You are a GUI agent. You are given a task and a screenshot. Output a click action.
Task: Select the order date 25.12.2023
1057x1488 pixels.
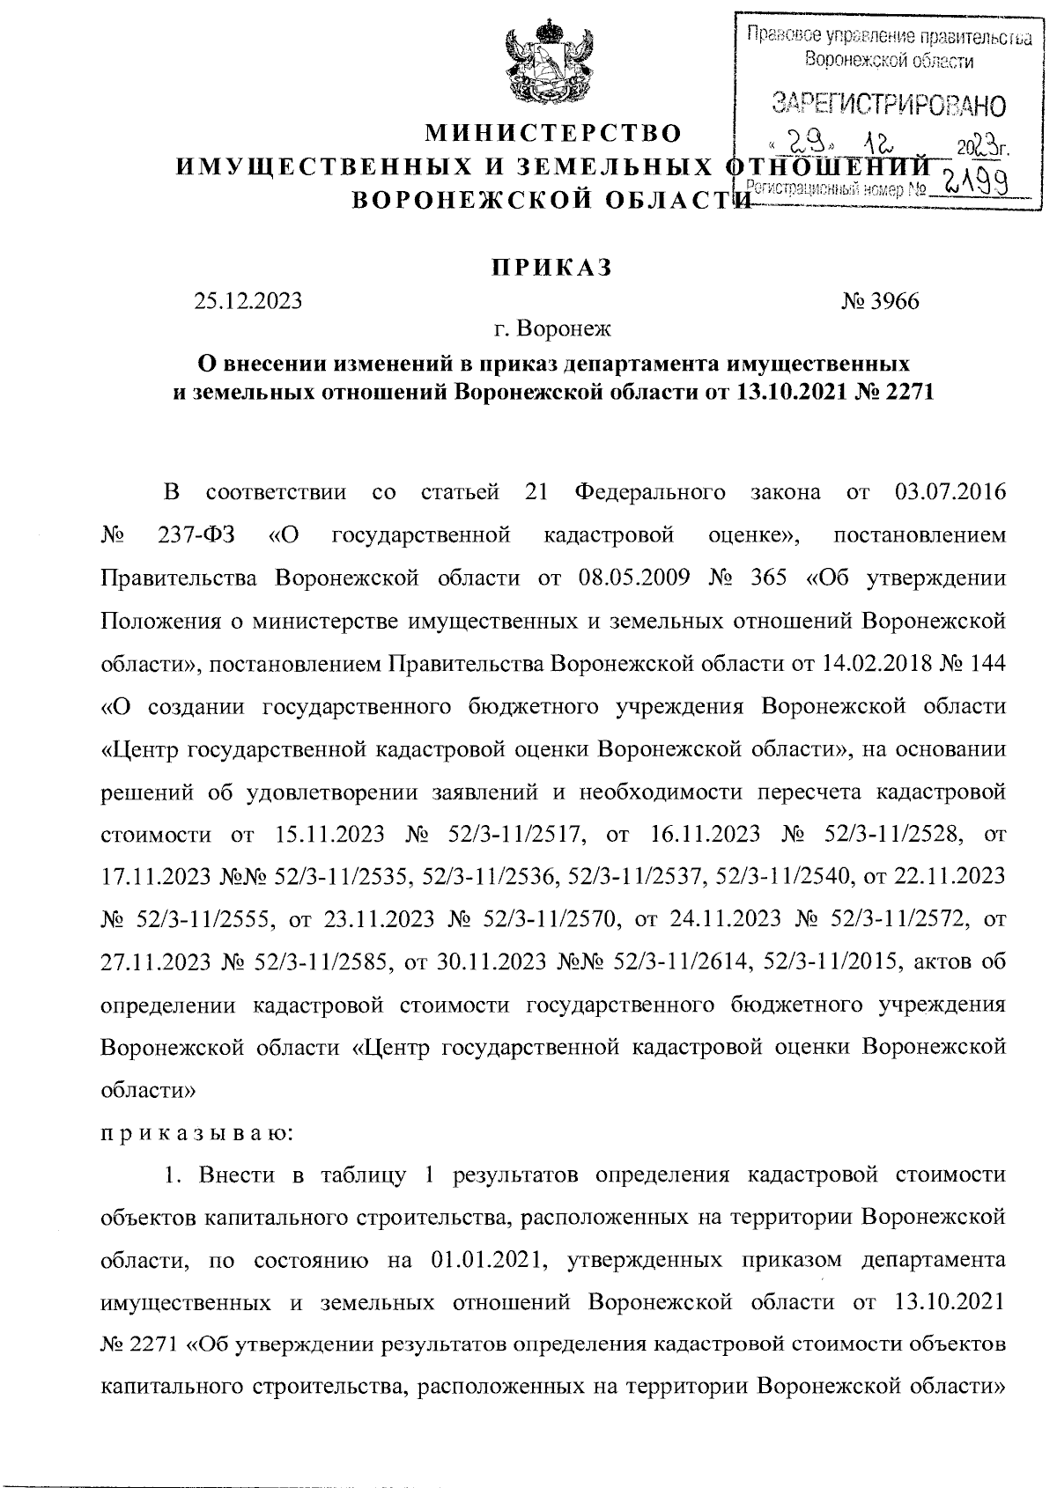point(248,301)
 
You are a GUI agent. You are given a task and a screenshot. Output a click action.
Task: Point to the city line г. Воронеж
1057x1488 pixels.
point(551,331)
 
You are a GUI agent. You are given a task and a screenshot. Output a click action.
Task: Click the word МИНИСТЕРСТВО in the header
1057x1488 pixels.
point(553,135)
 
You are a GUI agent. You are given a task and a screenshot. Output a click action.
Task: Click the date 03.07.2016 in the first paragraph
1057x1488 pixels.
point(950,490)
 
